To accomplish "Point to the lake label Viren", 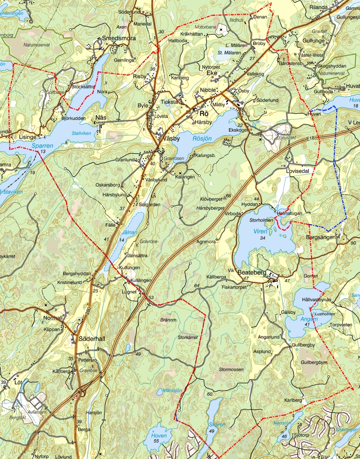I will click(260, 231).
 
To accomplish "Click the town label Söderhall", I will click(92, 339).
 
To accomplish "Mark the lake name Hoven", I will click(159, 436).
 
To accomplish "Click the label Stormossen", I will click(231, 369).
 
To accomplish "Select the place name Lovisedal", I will click(299, 171).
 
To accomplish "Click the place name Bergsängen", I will click(320, 236).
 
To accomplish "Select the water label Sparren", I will click(43, 146).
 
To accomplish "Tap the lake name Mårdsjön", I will click(172, 390).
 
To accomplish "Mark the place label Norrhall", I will click(52, 317).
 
